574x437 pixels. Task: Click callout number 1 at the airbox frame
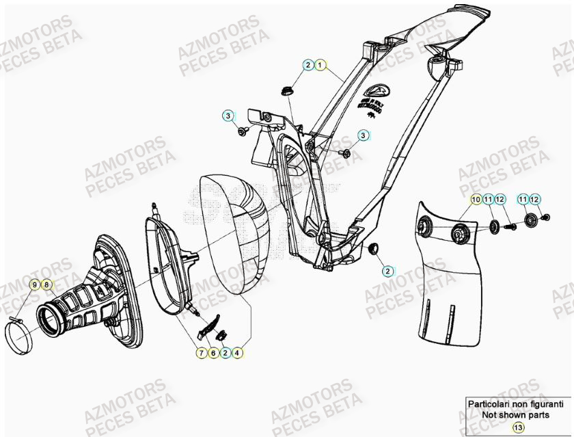pos(320,65)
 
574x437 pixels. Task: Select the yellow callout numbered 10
pos(475,199)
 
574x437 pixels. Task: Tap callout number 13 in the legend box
pos(518,427)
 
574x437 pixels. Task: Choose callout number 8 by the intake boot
pos(46,284)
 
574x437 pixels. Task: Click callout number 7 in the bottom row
pos(202,353)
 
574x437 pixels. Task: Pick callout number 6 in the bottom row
pos(213,353)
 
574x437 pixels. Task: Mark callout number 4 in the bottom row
pos(236,353)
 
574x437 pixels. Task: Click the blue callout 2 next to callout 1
pos(308,65)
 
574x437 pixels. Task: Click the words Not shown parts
pos(518,414)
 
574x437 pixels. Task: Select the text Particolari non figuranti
pos(518,405)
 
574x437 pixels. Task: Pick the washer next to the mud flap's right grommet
pos(493,226)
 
